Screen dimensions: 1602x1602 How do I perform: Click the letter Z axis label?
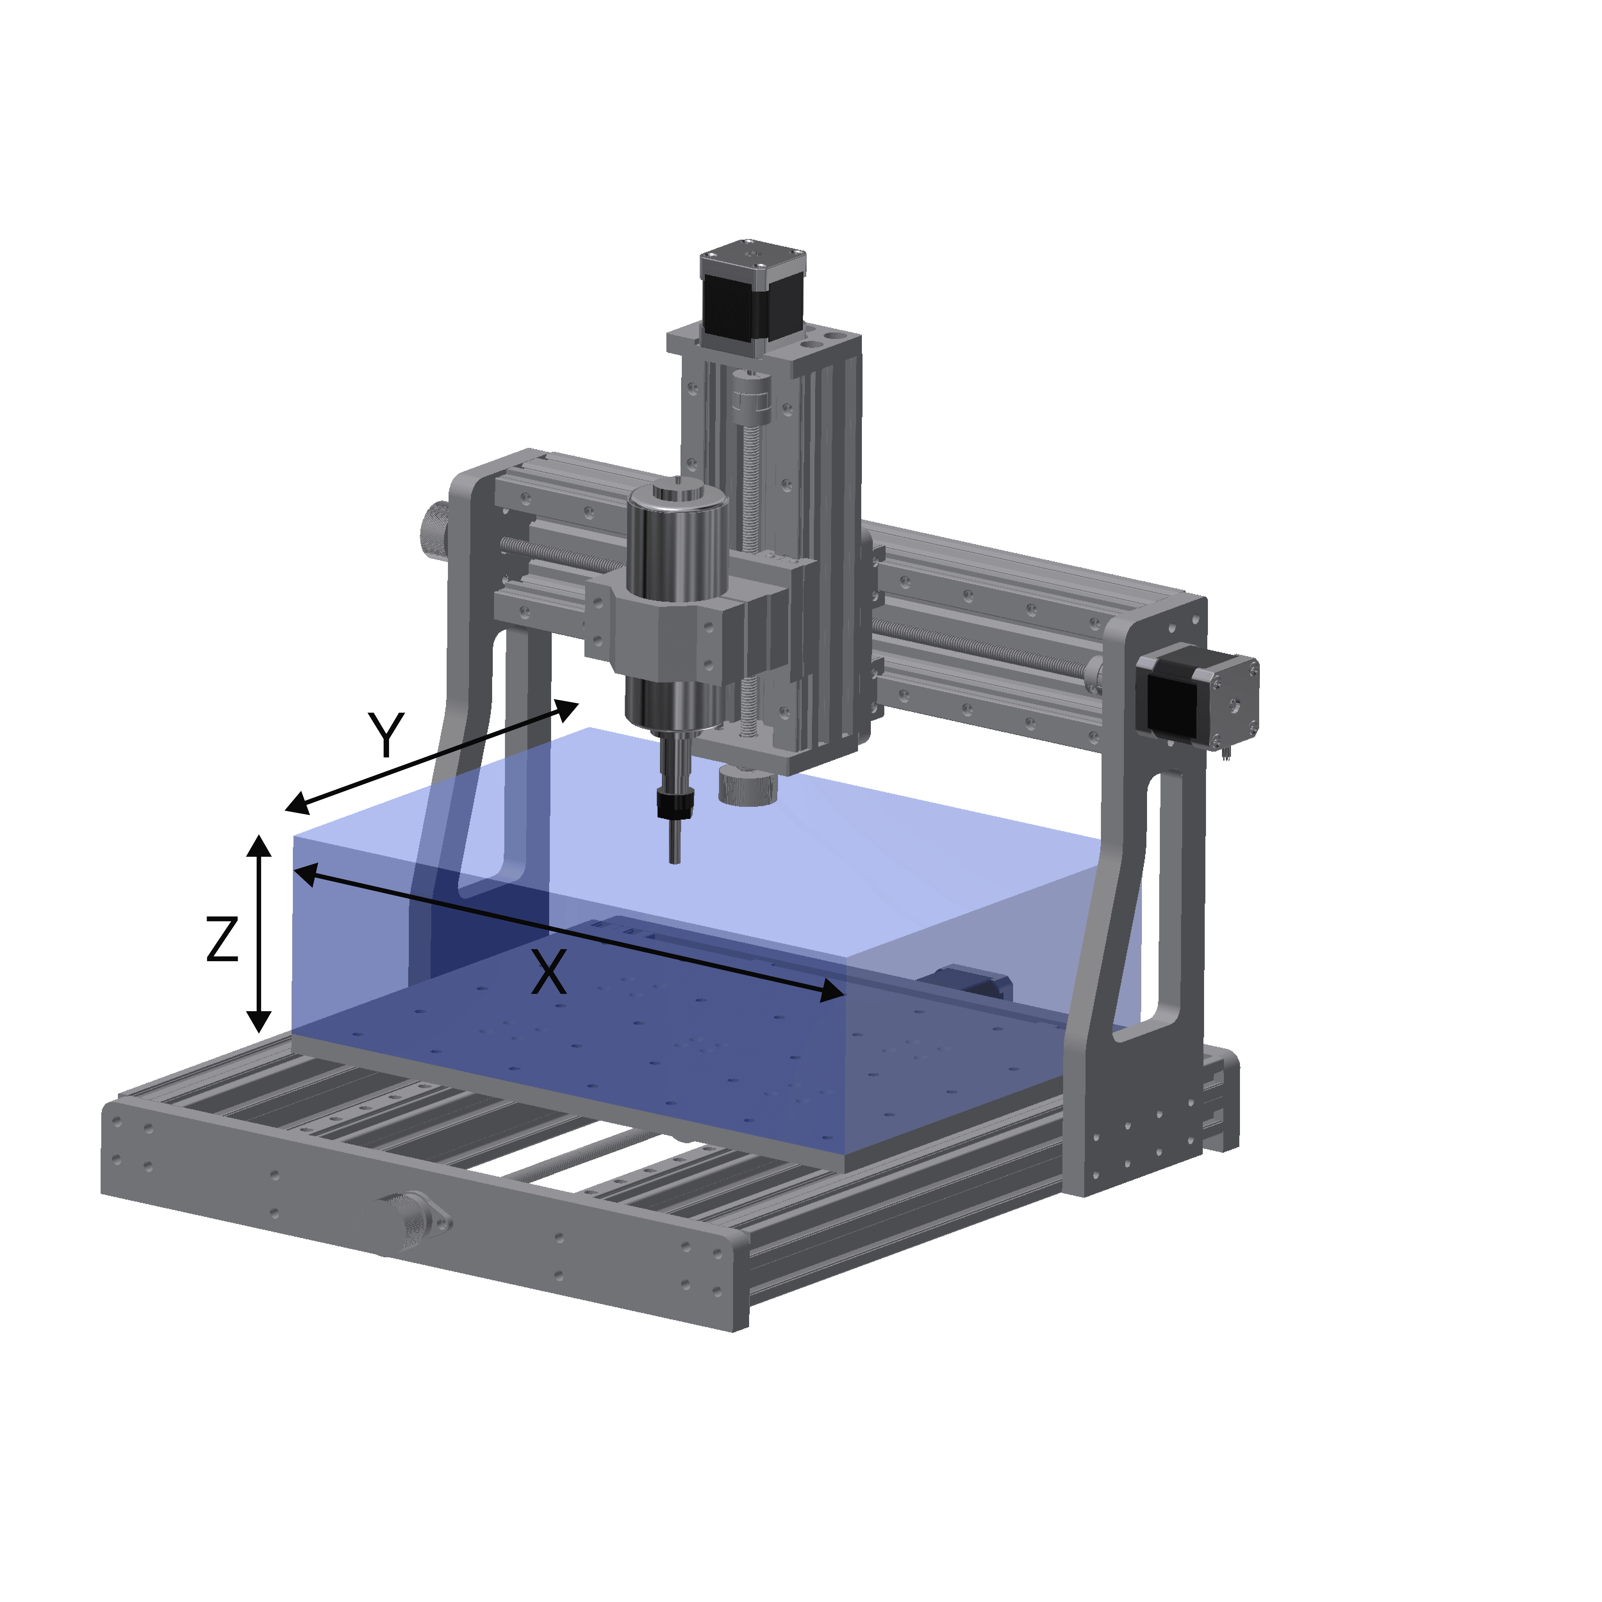click(x=222, y=939)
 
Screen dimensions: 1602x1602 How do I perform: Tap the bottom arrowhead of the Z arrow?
click(x=260, y=1022)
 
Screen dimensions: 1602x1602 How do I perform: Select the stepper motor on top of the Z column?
click(x=753, y=294)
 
